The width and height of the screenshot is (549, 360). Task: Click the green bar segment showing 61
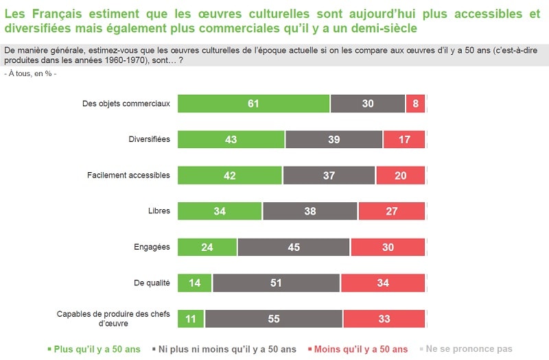tap(253, 104)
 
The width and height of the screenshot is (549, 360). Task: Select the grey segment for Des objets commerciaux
tap(368, 104)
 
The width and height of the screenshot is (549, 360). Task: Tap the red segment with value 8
tap(415, 104)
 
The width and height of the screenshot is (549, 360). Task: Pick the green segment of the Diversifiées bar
tap(231, 139)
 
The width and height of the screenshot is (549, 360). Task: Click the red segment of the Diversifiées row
tap(404, 139)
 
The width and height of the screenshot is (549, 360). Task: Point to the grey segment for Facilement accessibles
tap(329, 175)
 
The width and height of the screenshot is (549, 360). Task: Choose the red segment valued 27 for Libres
tap(391, 211)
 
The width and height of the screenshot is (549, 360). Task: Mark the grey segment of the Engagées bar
tap(294, 247)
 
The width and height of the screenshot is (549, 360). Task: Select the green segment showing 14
tap(194, 283)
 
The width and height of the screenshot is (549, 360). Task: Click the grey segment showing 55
tap(273, 319)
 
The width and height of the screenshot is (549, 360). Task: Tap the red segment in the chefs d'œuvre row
tap(384, 319)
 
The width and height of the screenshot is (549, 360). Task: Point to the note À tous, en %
tap(31, 73)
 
